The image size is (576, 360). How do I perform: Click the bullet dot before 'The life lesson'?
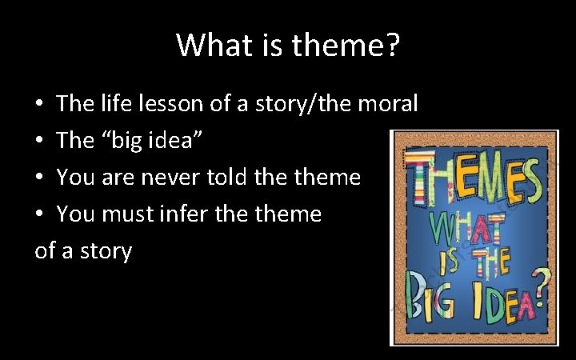[39, 105]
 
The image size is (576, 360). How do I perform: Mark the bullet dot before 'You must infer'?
[39, 215]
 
